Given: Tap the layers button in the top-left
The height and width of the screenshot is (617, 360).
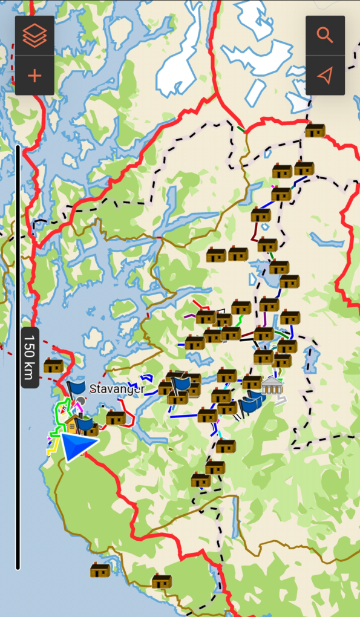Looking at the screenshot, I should (x=34, y=36).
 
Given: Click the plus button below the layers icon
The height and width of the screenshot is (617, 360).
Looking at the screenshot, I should (x=34, y=76).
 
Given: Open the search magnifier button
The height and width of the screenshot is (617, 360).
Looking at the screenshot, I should (x=325, y=36).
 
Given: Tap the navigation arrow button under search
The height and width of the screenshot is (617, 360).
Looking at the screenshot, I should (x=325, y=76).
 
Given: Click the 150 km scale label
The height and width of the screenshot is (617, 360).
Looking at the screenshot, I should (x=30, y=357).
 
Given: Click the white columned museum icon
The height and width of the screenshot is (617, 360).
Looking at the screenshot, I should (x=272, y=385).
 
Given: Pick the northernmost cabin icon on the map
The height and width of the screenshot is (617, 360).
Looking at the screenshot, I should (x=315, y=130).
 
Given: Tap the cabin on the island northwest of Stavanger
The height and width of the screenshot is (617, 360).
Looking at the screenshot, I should (x=53, y=365).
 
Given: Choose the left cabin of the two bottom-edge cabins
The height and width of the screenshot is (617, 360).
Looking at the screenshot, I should (x=100, y=570).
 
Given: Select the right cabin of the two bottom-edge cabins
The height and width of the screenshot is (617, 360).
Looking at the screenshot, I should (x=162, y=581).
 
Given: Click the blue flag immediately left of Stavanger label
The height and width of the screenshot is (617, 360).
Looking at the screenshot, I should (x=77, y=387).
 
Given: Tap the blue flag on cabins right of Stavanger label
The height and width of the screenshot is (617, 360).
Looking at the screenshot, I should (x=181, y=382).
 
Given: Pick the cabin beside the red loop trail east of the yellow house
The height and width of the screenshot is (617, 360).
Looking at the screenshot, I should (x=116, y=417).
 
